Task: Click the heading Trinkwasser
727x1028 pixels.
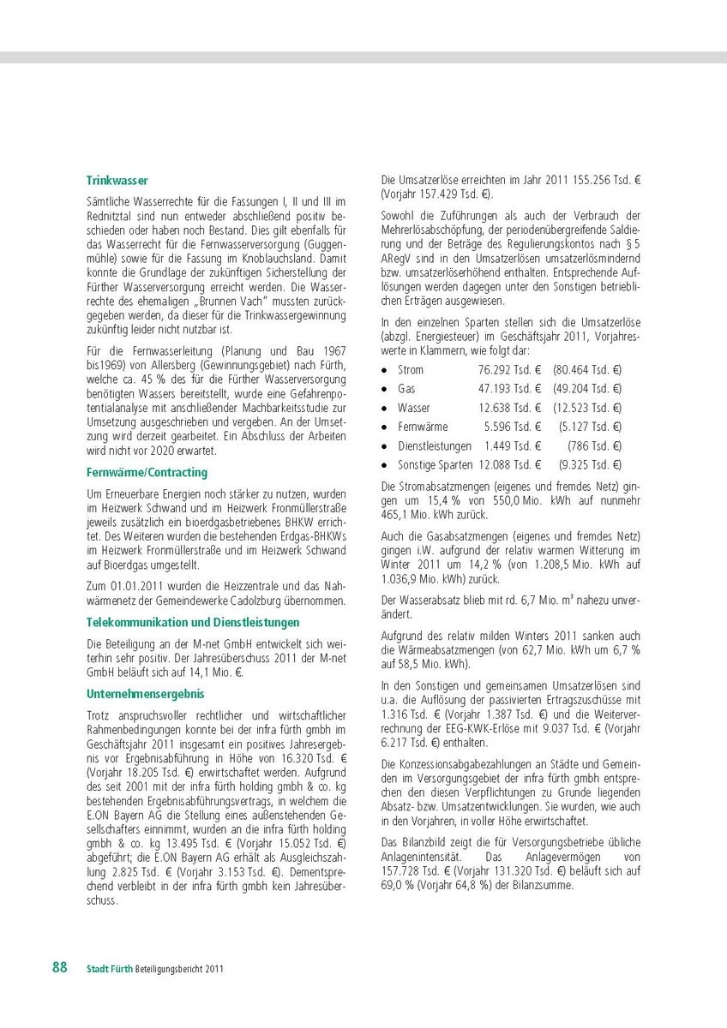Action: point(117,181)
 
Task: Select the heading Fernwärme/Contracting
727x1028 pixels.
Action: point(147,472)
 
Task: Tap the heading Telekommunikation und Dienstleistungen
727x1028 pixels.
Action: point(193,622)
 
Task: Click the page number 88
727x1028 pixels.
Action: point(60,967)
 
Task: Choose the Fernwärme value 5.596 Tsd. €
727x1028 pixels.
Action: point(513,427)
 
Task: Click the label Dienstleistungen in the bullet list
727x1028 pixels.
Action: point(435,445)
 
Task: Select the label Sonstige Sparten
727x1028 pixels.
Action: point(435,464)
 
